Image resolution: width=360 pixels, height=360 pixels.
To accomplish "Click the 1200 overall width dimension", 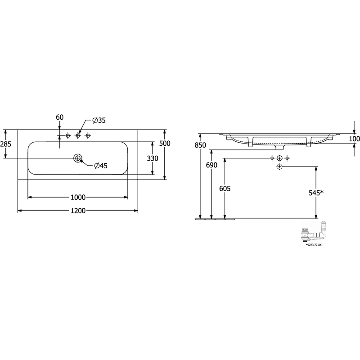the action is [78, 211].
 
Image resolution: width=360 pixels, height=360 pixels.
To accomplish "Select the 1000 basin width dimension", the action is [78, 197].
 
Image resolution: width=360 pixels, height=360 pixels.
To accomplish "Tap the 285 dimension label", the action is [6, 144].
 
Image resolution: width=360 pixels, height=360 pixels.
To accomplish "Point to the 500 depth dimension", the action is [165, 143].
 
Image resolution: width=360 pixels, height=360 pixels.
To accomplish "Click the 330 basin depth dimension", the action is [153, 158].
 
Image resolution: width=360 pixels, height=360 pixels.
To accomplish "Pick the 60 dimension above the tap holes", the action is [60, 117].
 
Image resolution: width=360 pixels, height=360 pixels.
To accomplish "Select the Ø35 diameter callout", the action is [99, 120].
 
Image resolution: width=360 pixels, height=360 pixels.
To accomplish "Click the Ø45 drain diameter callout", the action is [101, 166].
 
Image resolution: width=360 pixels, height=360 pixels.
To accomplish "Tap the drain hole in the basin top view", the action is [78, 158].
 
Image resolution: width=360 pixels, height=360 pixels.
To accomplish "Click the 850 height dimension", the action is [200, 145].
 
